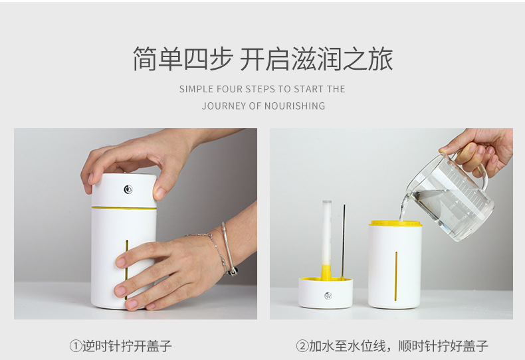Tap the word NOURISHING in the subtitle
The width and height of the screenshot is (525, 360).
coord(295,106)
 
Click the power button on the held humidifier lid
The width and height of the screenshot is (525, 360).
coord(128,190)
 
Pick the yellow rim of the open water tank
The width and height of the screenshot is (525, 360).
coord(395,224)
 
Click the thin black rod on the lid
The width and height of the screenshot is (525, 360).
coord(344,239)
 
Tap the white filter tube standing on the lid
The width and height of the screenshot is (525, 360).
coord(326,232)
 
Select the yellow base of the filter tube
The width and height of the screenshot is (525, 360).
coord(326,272)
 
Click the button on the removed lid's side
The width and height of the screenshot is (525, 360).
coord(326,296)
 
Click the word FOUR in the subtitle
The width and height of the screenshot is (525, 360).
coord(229,89)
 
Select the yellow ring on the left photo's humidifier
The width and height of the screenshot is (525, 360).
coord(124,208)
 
